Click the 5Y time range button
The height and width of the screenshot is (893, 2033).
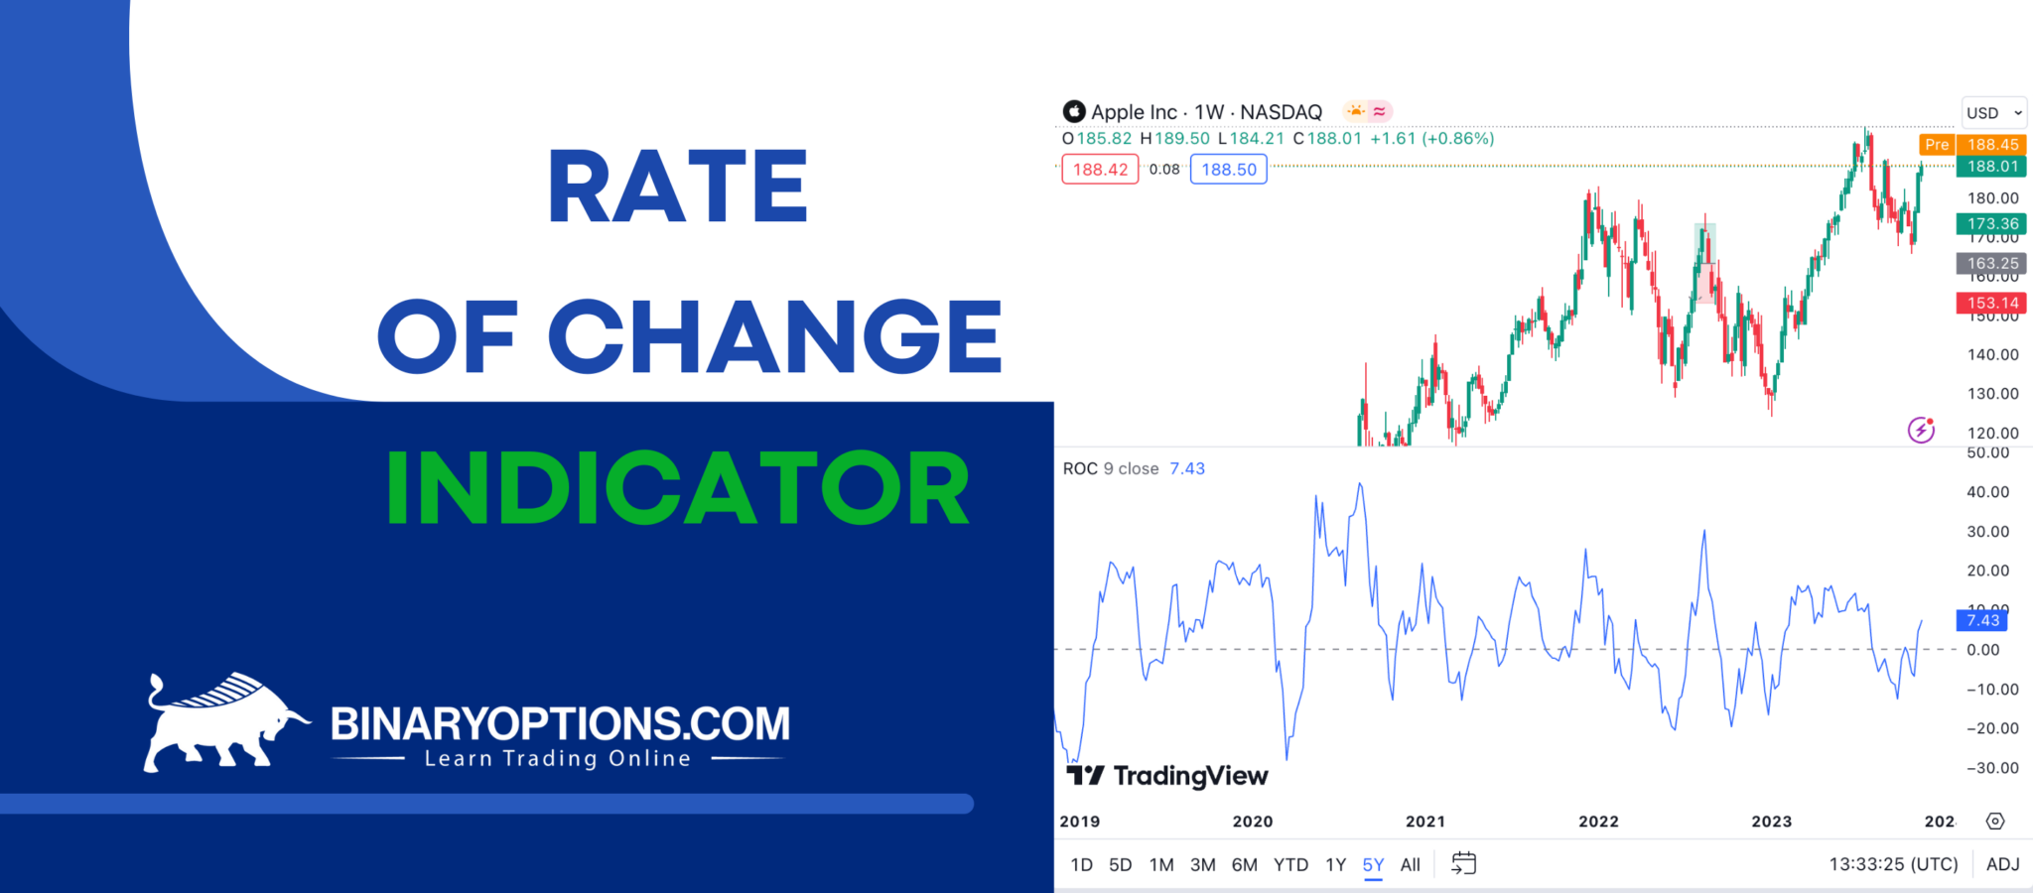pos(1373,865)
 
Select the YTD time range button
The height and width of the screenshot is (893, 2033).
pos(1290,865)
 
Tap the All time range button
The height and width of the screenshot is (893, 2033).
pos(1410,865)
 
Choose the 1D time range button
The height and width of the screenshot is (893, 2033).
pos(1081,865)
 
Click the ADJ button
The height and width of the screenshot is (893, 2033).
pos(2002,865)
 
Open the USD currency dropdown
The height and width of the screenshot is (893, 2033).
pos(1993,113)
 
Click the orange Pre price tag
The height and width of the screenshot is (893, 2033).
pos(1937,145)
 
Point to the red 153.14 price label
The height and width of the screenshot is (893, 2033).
pos(1992,303)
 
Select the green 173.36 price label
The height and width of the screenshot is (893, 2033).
pos(1992,224)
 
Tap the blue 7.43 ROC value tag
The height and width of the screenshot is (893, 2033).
pos(1982,620)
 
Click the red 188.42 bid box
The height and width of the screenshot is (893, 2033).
pos(1100,170)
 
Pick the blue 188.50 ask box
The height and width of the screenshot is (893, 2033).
pos(1228,170)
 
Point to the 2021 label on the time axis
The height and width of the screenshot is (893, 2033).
pos(1425,822)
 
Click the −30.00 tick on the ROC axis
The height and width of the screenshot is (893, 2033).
pos(1992,768)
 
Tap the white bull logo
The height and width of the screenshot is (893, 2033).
pos(224,721)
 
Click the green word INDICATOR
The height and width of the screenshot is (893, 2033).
pos(678,488)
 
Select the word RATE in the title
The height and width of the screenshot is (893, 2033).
pos(678,187)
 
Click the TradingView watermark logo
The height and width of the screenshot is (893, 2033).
pos(1167,776)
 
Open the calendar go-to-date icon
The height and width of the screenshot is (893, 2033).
pos(1463,863)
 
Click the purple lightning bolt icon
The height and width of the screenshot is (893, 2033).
pos(1921,430)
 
